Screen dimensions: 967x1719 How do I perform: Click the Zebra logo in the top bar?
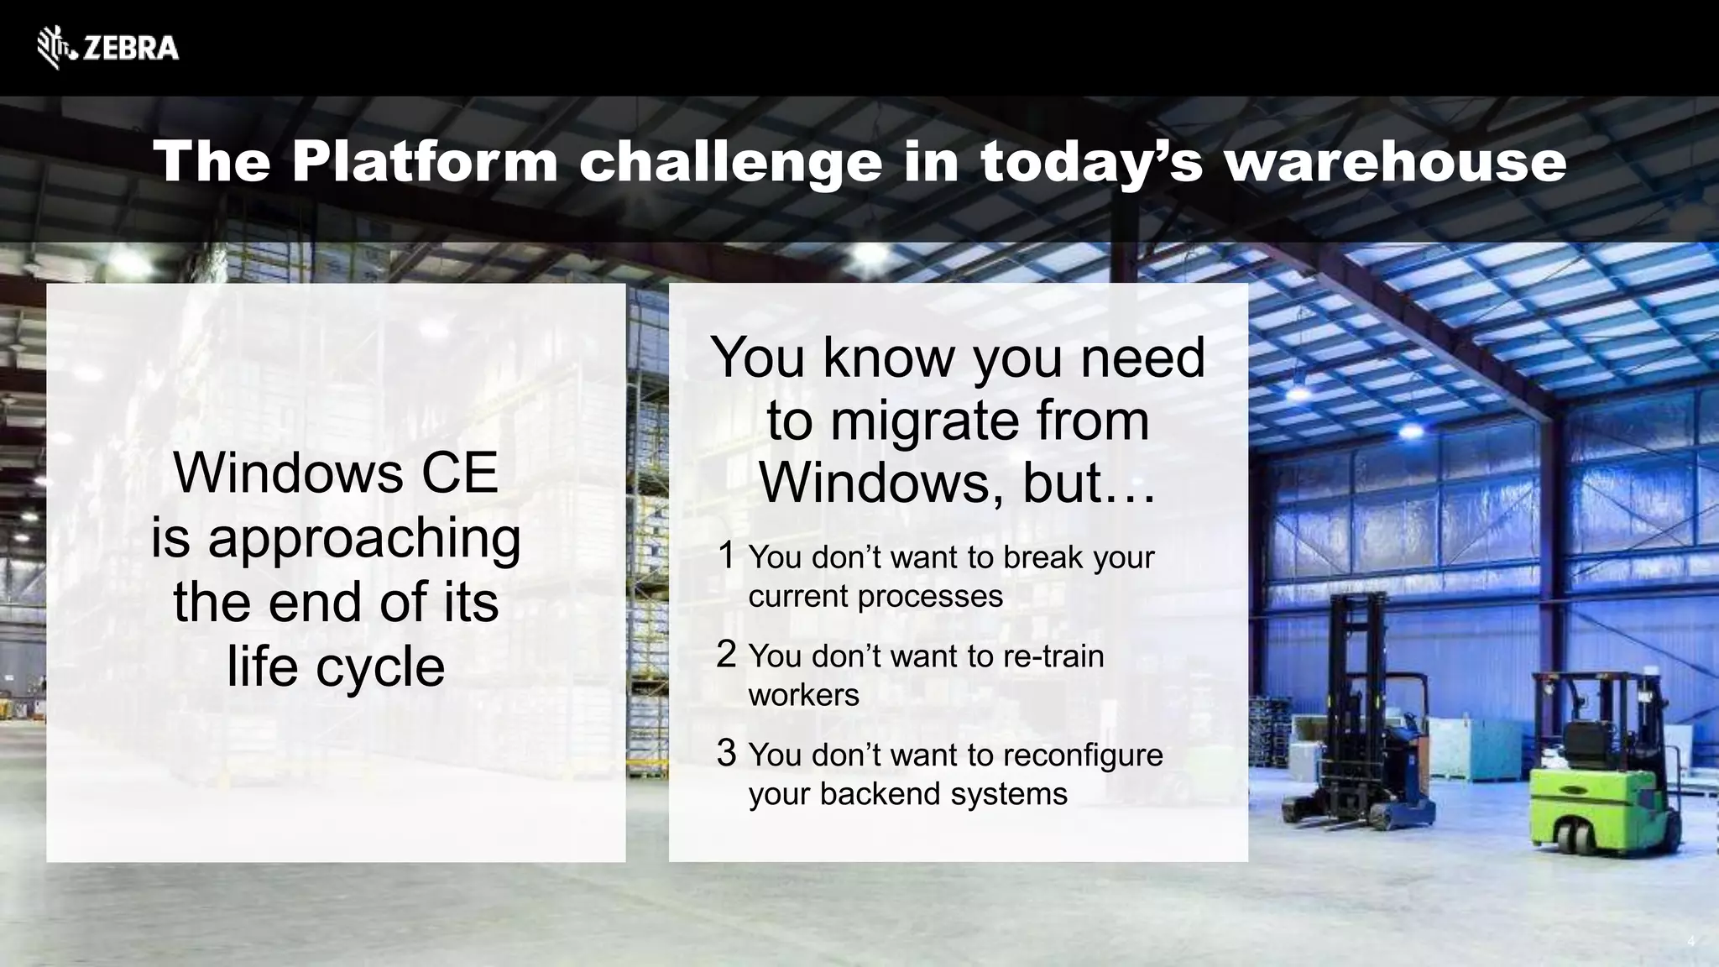click(107, 48)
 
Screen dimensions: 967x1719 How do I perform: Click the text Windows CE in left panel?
click(336, 473)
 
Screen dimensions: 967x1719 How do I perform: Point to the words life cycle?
click(336, 667)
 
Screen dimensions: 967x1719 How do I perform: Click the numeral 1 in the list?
click(727, 555)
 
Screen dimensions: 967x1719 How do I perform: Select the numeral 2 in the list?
click(727, 654)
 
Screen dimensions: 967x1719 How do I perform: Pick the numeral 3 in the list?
click(727, 752)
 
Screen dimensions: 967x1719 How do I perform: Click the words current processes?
click(875, 597)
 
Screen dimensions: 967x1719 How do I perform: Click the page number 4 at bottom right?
click(1691, 942)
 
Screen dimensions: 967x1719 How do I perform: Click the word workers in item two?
click(803, 696)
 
